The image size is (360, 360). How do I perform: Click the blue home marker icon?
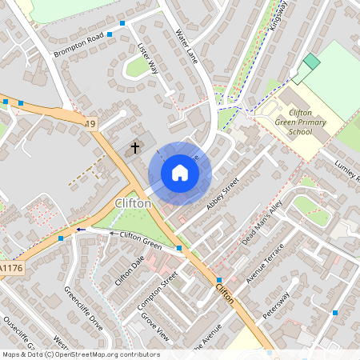180,173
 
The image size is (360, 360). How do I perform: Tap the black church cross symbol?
135,147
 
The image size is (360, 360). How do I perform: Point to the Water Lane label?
186,45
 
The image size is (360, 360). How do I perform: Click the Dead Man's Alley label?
262,222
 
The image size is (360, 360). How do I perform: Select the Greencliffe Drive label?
84,308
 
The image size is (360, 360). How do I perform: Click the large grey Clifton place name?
133,203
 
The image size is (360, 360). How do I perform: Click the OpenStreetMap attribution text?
80,354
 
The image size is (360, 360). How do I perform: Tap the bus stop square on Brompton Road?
122,23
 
